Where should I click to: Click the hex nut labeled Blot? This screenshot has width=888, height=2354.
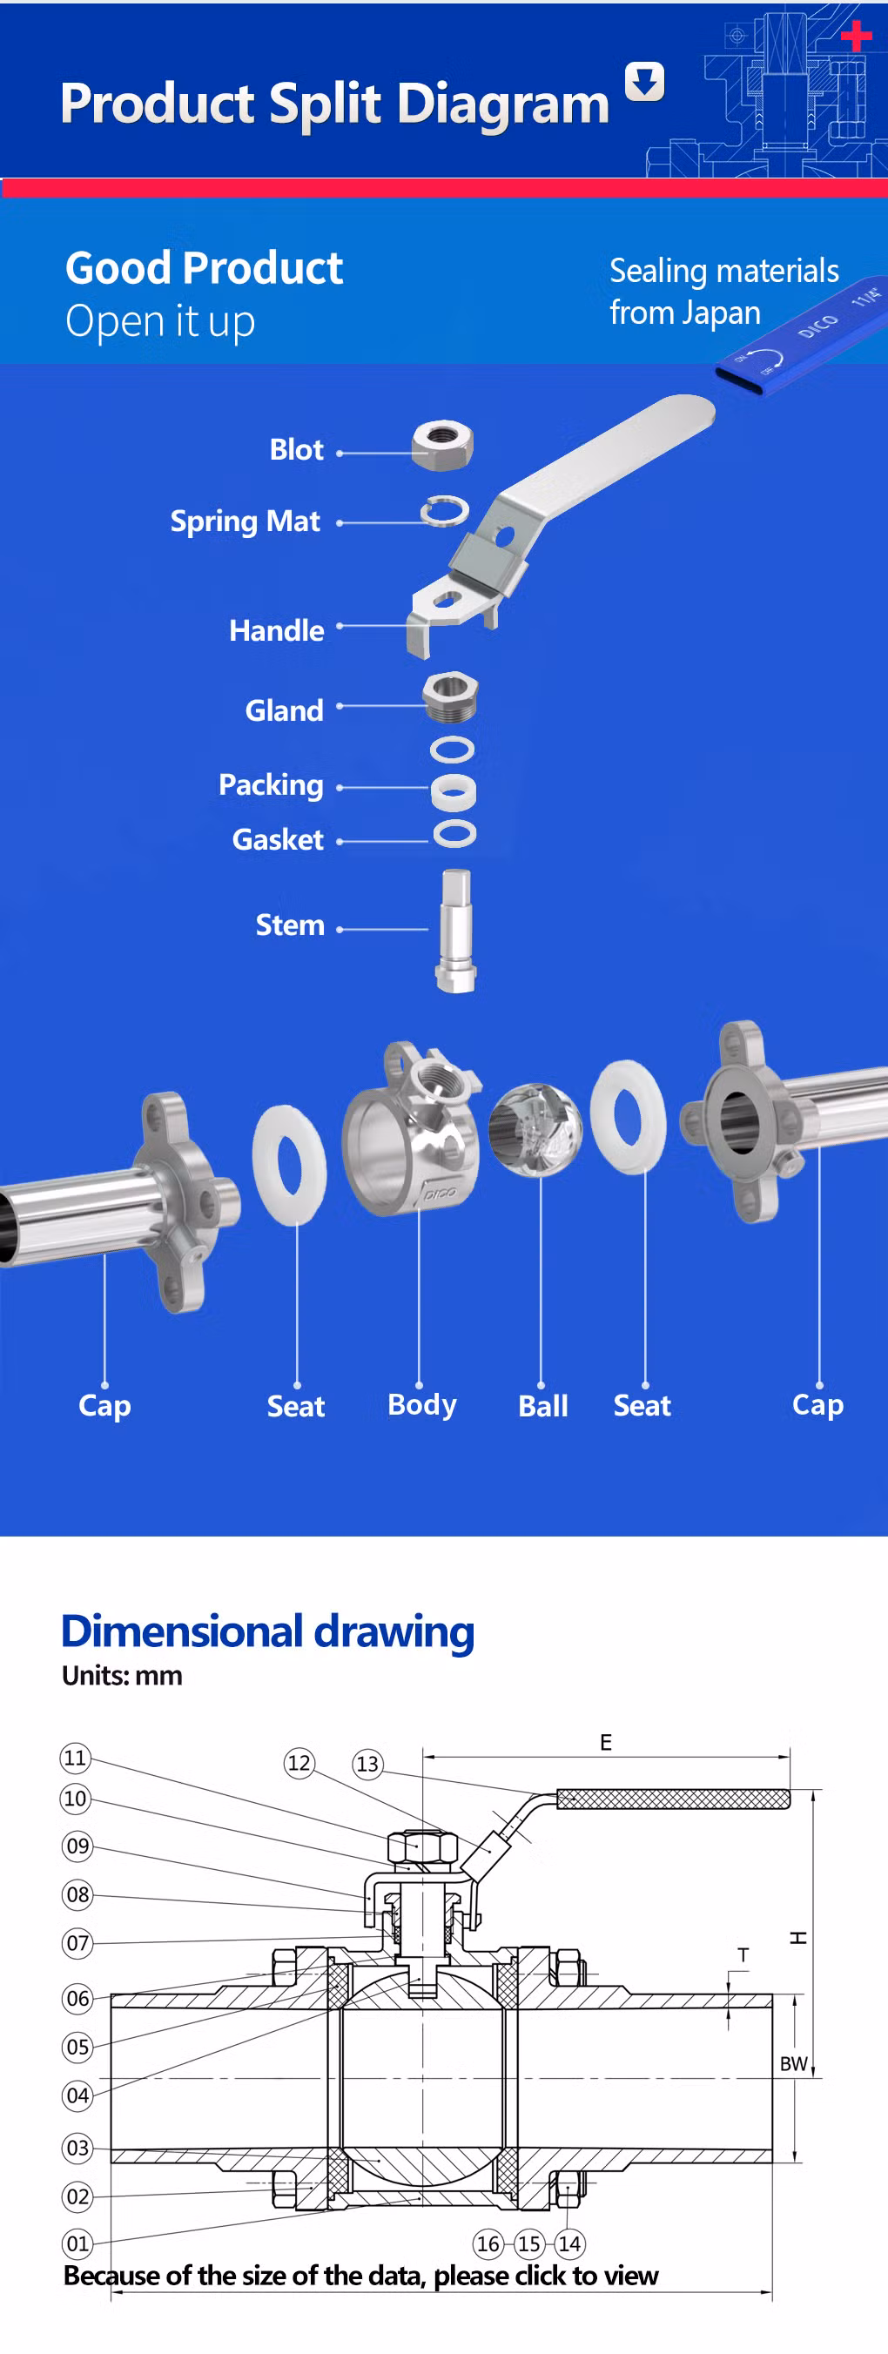pos(442,445)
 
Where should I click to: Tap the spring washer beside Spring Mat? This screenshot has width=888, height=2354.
pos(445,511)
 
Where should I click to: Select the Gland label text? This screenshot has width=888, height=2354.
pos(284,710)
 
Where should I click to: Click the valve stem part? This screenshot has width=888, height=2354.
pos(455,931)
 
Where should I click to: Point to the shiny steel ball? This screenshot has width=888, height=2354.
pos(535,1129)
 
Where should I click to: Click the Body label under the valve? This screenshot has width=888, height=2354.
pos(422,1403)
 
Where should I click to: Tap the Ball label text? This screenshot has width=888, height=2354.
pos(542,1405)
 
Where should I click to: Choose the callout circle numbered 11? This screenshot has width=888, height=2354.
pos(75,1758)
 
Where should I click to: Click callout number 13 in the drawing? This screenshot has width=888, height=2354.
pos(367,1764)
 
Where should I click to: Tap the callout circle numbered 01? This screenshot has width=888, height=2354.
pos(77,2243)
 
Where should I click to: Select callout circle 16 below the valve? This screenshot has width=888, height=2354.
pos(488,2243)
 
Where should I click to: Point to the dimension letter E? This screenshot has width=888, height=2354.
pos(606,1743)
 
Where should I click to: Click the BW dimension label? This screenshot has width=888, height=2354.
pos(793,2063)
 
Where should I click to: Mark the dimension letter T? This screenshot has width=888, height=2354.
pos(743,1955)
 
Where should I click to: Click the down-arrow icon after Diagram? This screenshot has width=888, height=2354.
pos(644,82)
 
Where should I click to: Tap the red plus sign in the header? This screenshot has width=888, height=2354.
pos(856,36)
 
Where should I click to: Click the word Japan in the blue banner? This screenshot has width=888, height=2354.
pos(721,313)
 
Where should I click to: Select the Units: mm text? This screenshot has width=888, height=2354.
pos(123,1675)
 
